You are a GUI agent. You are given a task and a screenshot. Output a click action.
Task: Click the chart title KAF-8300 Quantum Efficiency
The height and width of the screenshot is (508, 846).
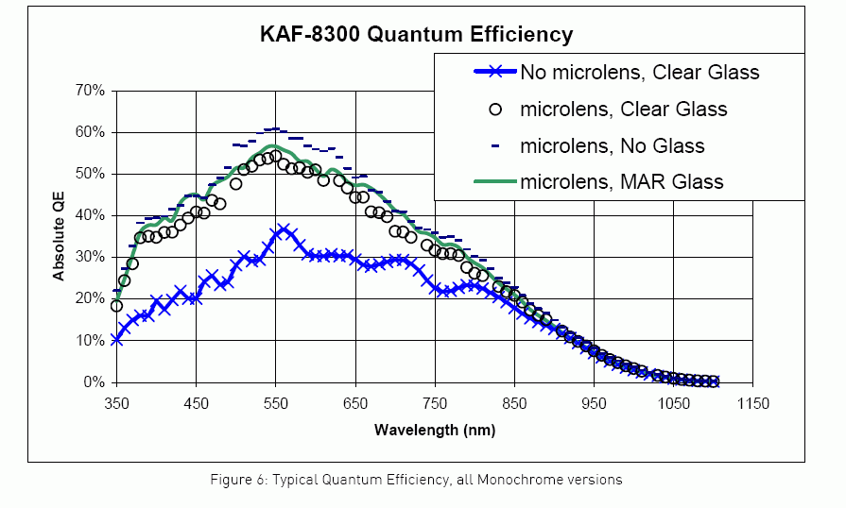click(x=417, y=36)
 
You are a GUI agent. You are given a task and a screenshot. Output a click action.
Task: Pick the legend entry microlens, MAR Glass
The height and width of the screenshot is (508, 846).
click(x=621, y=181)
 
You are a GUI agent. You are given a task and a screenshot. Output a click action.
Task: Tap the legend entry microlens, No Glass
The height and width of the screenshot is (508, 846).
click(x=612, y=145)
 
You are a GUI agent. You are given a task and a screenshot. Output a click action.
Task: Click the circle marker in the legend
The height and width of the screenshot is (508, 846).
click(x=494, y=109)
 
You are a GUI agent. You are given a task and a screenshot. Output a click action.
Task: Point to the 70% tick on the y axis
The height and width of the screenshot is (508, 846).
click(x=88, y=91)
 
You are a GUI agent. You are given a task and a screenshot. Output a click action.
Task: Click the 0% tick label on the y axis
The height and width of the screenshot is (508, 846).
click(x=94, y=382)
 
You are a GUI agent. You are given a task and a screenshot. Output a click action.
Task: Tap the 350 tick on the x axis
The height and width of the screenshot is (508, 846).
click(x=116, y=404)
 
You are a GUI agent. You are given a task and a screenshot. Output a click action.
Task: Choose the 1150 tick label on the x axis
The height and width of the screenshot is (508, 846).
click(x=753, y=404)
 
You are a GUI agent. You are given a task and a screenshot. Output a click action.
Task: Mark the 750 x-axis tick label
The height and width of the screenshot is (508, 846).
click(x=435, y=404)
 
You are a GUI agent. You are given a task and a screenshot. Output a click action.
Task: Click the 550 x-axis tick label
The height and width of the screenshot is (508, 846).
click(x=275, y=404)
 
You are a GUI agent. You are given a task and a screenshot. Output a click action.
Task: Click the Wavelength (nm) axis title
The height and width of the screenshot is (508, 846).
click(x=434, y=430)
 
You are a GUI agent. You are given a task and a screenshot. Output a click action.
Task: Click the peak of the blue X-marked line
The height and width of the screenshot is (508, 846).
click(x=284, y=230)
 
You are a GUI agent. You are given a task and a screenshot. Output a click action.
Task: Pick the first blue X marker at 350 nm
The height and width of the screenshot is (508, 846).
click(x=116, y=339)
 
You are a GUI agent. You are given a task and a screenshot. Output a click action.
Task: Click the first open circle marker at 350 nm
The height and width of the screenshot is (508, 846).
click(x=116, y=306)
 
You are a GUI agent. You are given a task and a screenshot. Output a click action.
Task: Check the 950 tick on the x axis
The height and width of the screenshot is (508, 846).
click(x=594, y=404)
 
